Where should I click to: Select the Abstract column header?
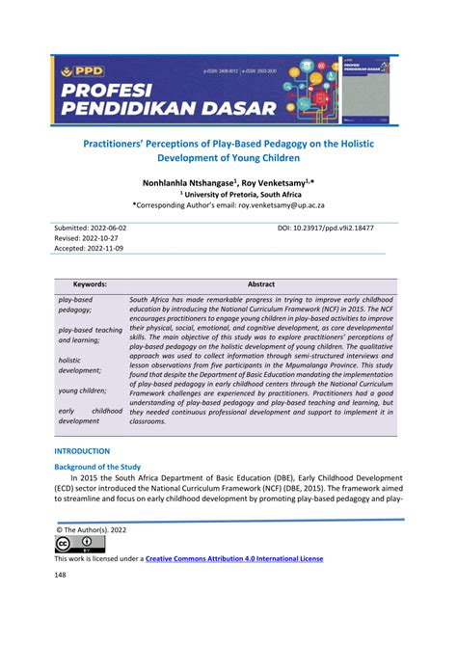pyautogui.click(x=261, y=284)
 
